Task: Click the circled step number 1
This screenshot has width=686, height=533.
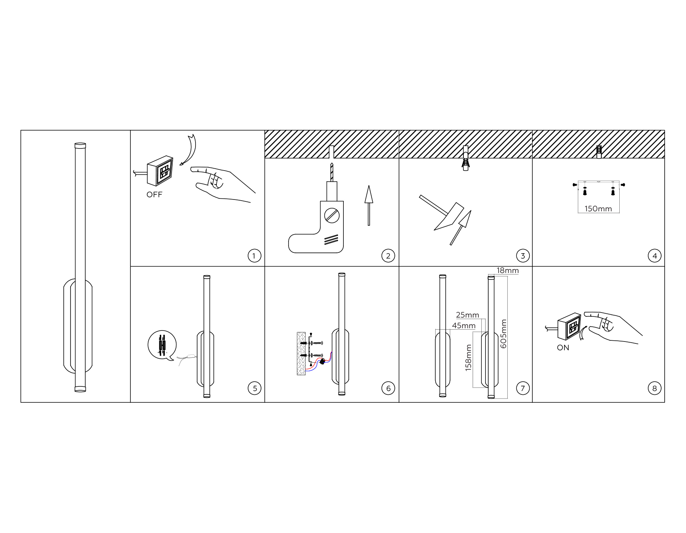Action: tap(254, 255)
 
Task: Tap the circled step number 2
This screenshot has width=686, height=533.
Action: tap(388, 255)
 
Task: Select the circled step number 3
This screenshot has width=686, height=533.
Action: tap(523, 255)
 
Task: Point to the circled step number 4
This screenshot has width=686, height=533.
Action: tap(655, 255)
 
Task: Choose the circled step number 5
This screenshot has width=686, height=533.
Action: tap(255, 388)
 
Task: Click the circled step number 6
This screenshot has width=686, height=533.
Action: tap(388, 388)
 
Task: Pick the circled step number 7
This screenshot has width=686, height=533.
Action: tap(523, 388)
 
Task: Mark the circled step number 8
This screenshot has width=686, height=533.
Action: tap(655, 388)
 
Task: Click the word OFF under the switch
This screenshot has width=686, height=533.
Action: tap(154, 195)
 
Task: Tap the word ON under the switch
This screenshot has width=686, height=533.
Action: tap(563, 348)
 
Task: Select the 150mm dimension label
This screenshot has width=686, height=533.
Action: tap(598, 209)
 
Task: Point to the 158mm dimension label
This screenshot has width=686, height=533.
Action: tap(469, 357)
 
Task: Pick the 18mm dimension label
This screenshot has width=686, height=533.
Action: tap(508, 271)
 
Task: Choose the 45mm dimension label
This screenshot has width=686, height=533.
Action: tap(464, 326)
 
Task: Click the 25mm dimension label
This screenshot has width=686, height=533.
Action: tap(468, 315)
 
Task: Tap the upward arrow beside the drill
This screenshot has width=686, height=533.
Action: tap(369, 205)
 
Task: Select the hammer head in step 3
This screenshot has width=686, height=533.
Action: tap(450, 217)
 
